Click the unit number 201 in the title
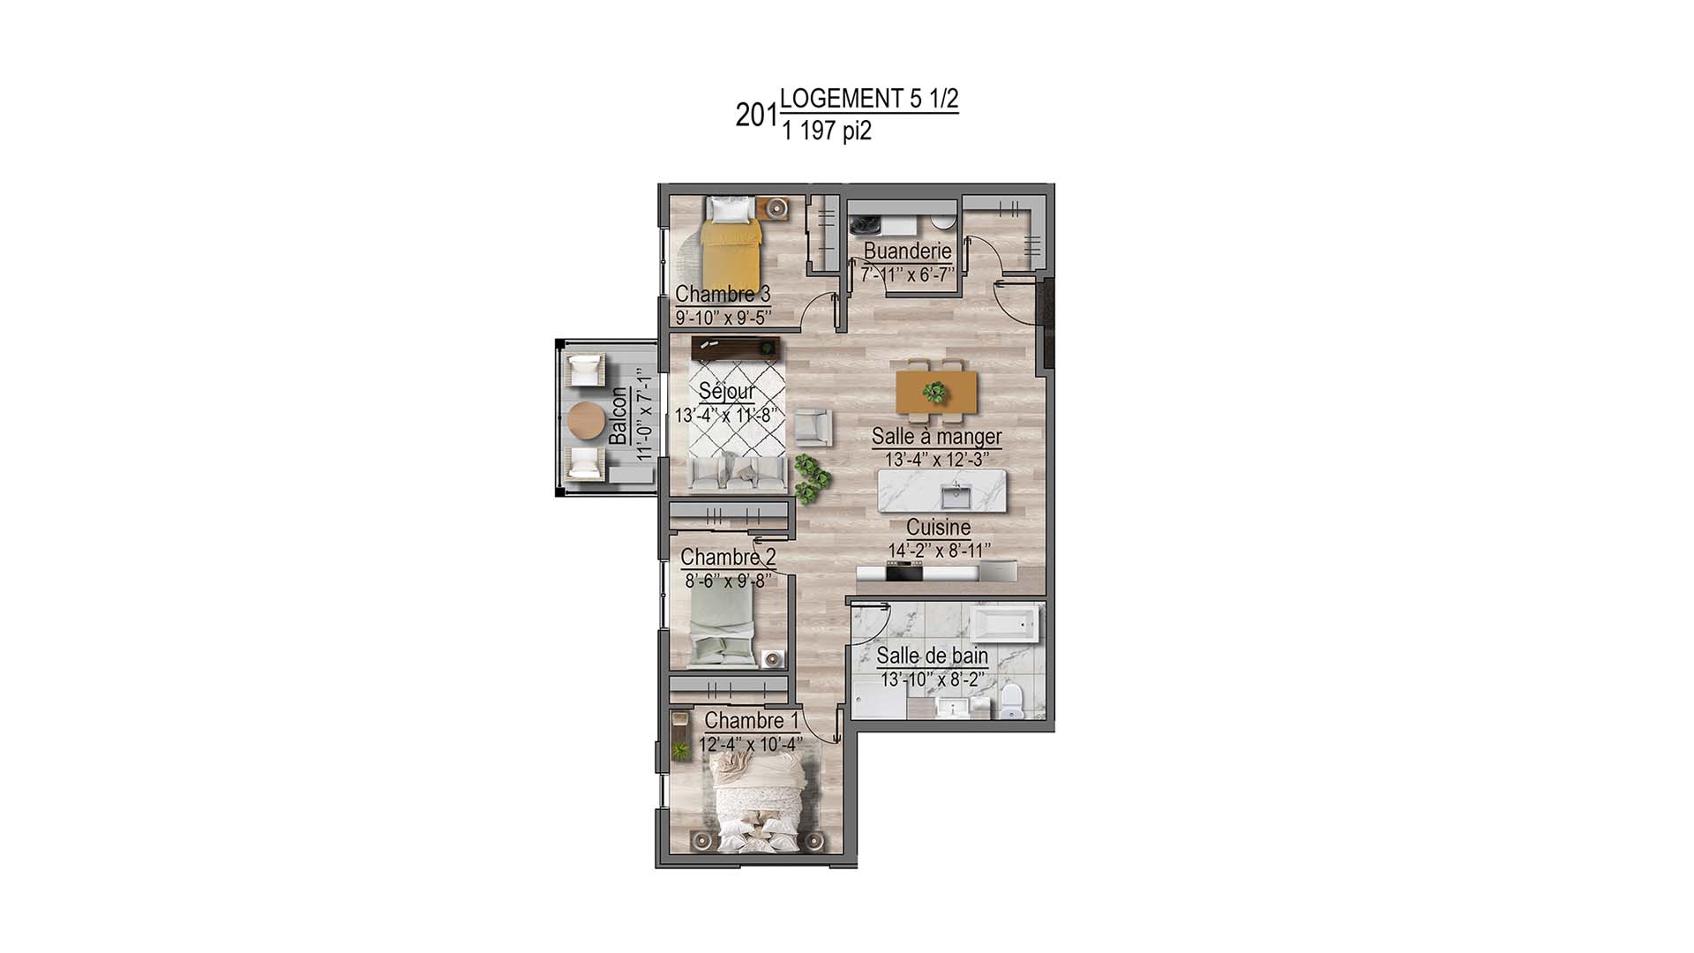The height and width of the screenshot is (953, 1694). (756, 116)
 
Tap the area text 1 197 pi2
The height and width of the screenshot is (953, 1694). (826, 131)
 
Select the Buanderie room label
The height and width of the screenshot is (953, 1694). (907, 251)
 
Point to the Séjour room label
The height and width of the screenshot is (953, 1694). (726, 391)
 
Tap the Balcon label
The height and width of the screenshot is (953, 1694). (618, 416)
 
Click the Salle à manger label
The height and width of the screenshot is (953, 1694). (936, 436)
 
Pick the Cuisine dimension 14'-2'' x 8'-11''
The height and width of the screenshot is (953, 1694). (939, 551)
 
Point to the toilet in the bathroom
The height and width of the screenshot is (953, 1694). (1010, 703)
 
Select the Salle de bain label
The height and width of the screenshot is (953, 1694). (932, 656)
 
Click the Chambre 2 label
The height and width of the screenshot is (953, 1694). (728, 557)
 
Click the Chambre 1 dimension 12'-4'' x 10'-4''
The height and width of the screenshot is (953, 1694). (750, 745)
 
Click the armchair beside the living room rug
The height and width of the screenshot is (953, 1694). (812, 428)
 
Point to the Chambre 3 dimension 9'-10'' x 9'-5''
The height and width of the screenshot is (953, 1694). (723, 316)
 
